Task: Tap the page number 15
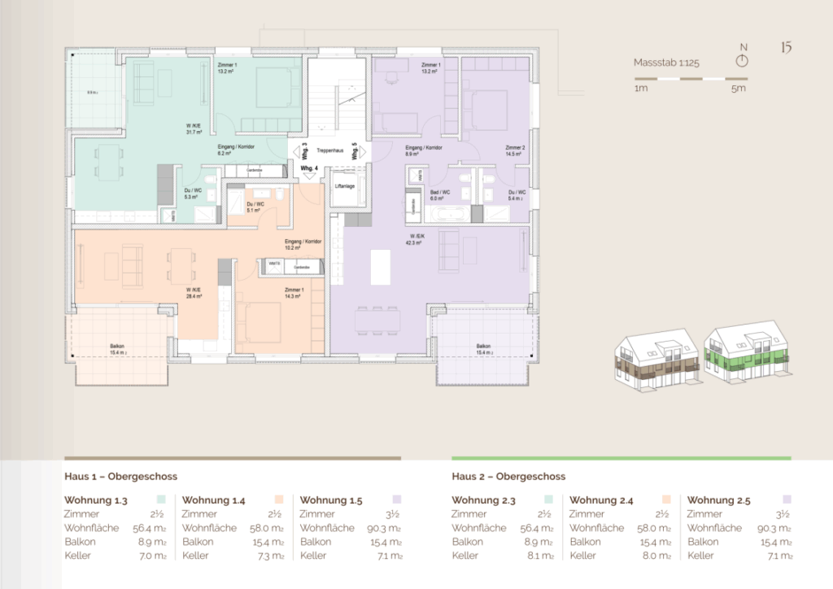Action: (x=786, y=47)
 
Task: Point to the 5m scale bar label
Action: (x=738, y=89)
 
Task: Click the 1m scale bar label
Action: (x=641, y=89)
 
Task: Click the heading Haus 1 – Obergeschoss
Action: (x=120, y=477)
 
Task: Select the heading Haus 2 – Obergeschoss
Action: (x=508, y=477)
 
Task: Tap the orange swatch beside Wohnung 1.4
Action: (x=278, y=500)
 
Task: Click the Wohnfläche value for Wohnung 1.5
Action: (x=385, y=528)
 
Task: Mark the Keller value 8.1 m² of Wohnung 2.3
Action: (x=540, y=556)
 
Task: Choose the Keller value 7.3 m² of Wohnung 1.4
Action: (x=270, y=556)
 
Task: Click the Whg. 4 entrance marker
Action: (x=308, y=168)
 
